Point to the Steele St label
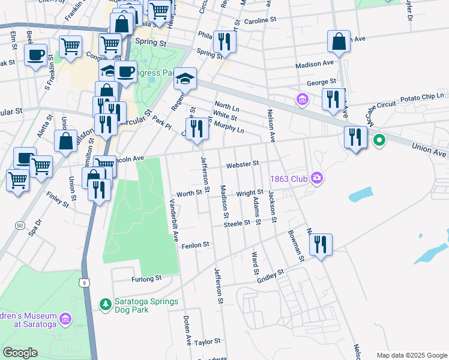237,223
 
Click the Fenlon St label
195,245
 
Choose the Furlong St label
146,278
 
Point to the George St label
322,82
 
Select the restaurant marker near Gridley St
321,245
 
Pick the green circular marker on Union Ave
379,141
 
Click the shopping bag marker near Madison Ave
339,42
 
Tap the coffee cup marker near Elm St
35,55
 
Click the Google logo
20,353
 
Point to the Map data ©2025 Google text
411,355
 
